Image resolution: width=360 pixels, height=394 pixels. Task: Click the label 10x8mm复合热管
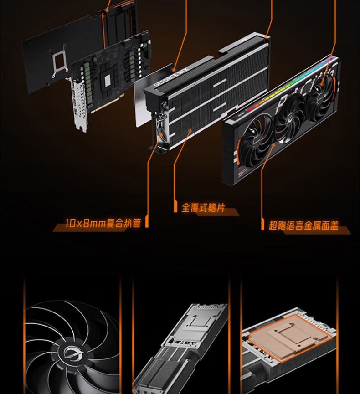coord(103,223)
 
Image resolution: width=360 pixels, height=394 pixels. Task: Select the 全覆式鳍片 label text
coord(203,208)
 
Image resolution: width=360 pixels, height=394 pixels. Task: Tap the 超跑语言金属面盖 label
coord(303,225)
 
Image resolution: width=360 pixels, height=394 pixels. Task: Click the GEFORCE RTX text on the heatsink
coord(171,77)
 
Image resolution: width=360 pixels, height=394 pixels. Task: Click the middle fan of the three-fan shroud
coord(290,118)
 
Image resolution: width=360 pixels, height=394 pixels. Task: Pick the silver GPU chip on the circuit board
coord(108,80)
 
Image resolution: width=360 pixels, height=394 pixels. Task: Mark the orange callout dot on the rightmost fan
coord(321,85)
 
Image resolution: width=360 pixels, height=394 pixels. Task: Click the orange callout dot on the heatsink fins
coord(190,131)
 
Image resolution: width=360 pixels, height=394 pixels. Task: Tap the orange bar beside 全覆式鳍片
coord(175,206)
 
